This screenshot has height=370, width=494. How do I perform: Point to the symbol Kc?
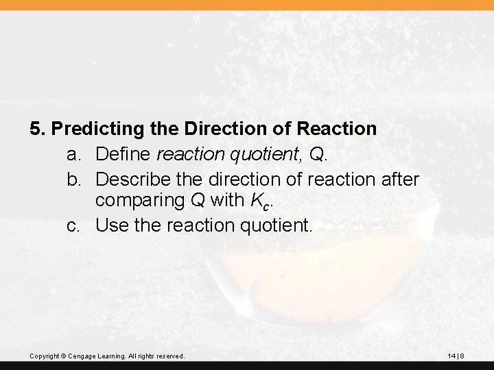tap(255, 201)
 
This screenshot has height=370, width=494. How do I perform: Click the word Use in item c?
tap(110, 224)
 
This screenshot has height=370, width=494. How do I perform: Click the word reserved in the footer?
tap(168, 356)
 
